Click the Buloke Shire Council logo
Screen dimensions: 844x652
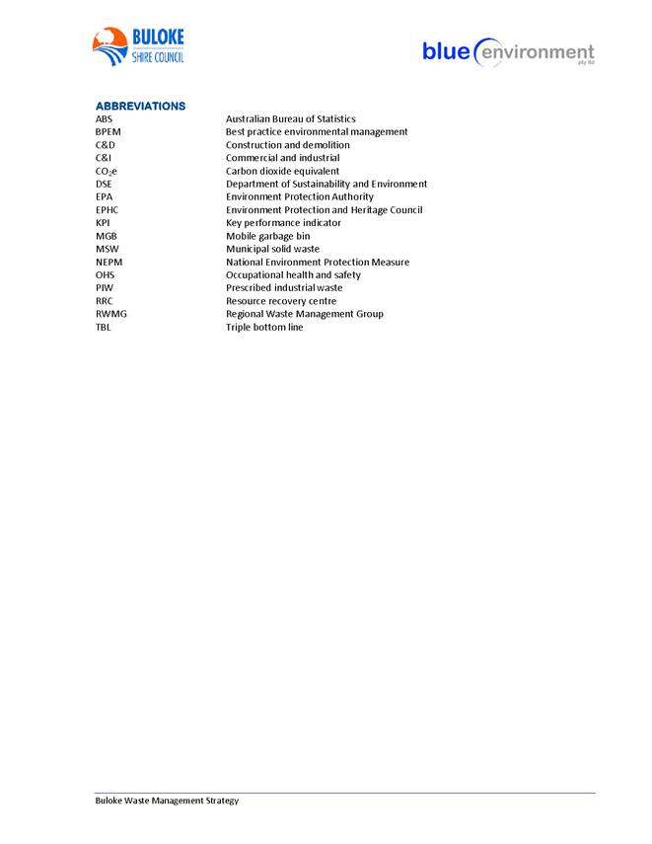coord(138,46)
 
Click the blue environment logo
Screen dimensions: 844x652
coord(508,51)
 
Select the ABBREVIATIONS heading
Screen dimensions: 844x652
coord(140,106)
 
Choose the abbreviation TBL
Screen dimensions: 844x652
coord(104,327)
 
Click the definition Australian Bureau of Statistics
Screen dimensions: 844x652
coord(290,118)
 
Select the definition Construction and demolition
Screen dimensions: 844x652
coord(287,145)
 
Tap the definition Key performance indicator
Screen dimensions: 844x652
coord(284,223)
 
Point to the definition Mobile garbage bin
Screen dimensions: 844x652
coord(267,236)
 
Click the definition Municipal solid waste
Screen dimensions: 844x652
coord(272,249)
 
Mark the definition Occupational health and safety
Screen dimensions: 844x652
coord(293,274)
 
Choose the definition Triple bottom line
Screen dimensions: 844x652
coord(264,327)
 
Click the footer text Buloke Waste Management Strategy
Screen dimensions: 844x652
coord(167,801)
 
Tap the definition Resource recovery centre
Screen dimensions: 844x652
coord(280,301)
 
